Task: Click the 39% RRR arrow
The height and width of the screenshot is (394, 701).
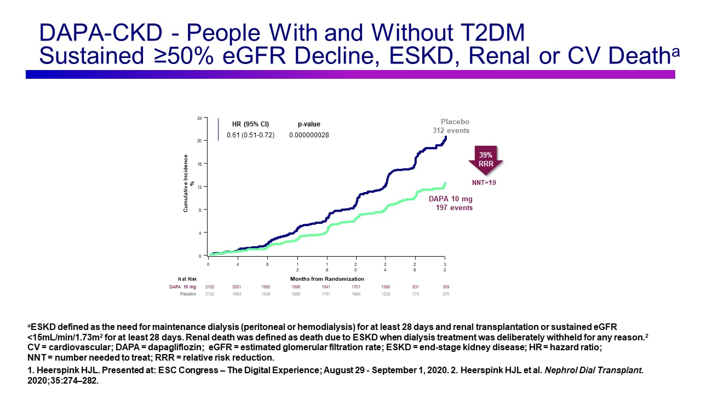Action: click(485, 158)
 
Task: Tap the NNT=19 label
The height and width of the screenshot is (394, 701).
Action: click(485, 182)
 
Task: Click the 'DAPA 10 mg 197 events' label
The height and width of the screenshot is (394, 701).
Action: click(451, 204)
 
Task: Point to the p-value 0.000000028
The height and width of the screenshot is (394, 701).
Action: click(309, 135)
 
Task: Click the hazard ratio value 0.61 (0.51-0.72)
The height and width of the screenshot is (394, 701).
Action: click(250, 135)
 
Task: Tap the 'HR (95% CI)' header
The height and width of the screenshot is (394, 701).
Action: click(250, 124)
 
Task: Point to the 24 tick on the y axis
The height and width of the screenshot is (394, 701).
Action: click(199, 118)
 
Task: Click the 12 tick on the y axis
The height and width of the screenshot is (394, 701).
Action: click(199, 187)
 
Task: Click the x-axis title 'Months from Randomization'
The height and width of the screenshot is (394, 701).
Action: click(327, 279)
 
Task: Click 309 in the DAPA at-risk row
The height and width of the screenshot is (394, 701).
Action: click(445, 286)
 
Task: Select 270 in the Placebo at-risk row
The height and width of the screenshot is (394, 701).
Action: click(445, 294)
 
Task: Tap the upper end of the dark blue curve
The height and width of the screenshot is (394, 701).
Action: click(446, 137)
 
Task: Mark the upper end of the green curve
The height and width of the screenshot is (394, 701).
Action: click(446, 183)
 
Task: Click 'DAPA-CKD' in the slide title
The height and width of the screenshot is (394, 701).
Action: click(102, 34)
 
